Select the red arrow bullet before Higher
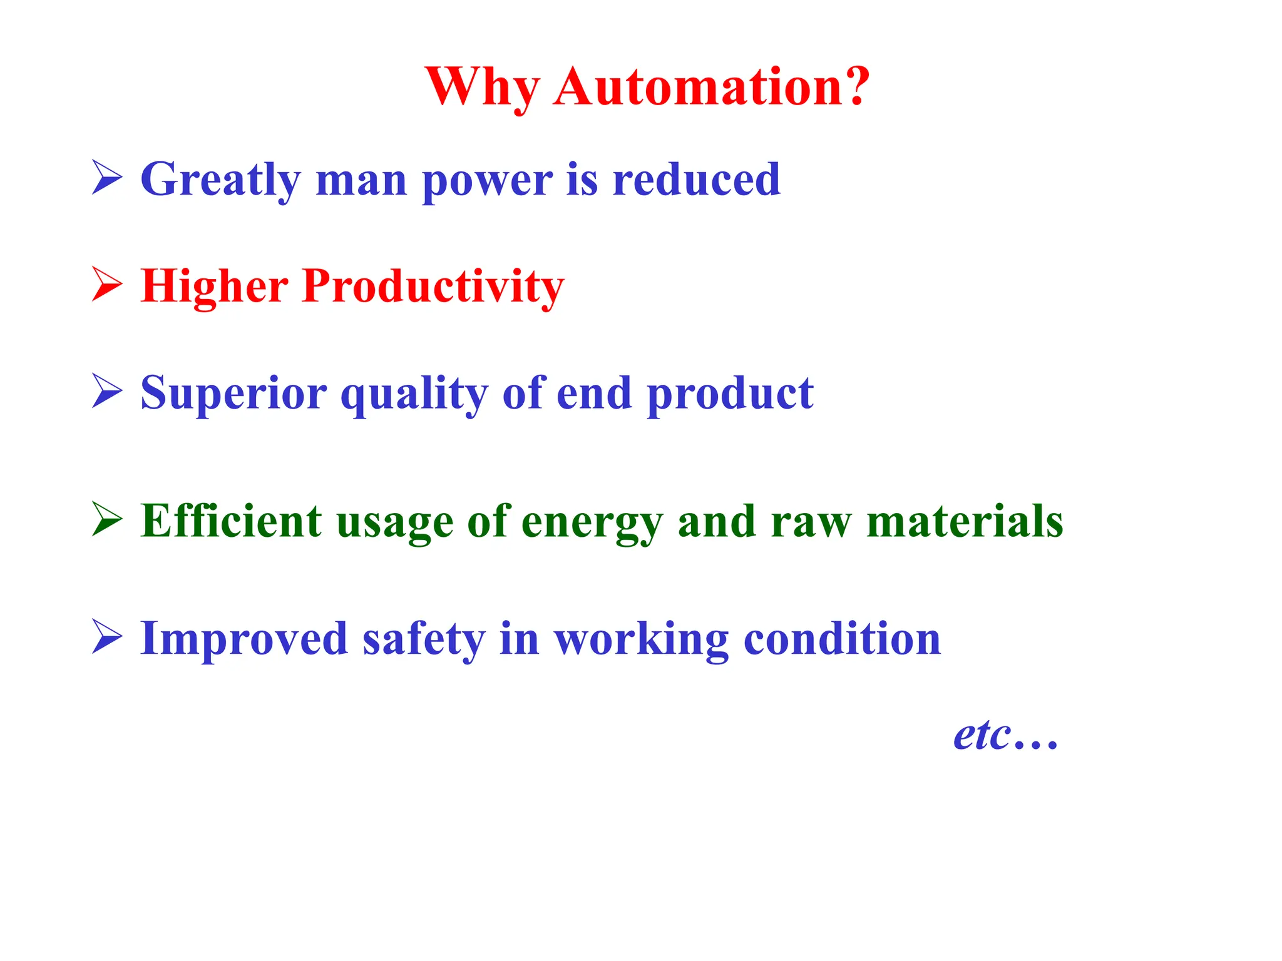pyautogui.click(x=106, y=284)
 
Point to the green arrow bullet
pyautogui.click(x=106, y=519)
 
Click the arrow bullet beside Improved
pyautogui.click(x=106, y=636)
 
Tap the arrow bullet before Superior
pyautogui.click(x=106, y=391)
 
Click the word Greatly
pyautogui.click(x=220, y=180)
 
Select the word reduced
pyautogui.click(x=696, y=179)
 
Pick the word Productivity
pyautogui.click(x=433, y=287)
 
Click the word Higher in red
pyautogui.click(x=214, y=287)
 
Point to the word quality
pyautogui.click(x=414, y=394)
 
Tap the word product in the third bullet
pyautogui.click(x=730, y=394)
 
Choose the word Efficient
pyautogui.click(x=231, y=521)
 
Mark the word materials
pyautogui.click(x=965, y=521)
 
